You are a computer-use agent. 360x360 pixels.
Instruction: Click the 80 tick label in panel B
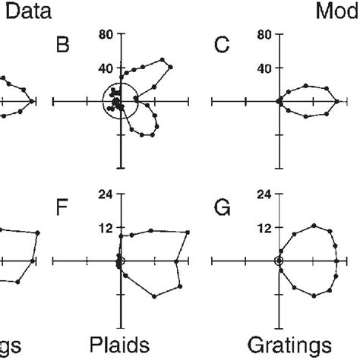tap(106, 34)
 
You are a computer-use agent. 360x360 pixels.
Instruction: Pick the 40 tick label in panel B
tap(106, 67)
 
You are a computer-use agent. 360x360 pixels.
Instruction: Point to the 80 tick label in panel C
tap(265, 34)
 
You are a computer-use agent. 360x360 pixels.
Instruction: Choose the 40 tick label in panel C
tap(265, 67)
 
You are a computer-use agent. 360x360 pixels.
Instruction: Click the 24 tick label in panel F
tap(106, 194)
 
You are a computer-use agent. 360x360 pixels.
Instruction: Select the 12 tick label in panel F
tap(106, 227)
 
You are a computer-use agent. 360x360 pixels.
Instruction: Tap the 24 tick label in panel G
tap(265, 194)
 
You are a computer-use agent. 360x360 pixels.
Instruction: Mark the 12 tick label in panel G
tap(265, 227)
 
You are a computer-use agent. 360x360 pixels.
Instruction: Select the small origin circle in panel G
tap(279, 261)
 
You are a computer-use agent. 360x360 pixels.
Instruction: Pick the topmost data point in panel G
tap(314, 226)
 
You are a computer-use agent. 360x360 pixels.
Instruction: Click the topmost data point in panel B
tap(163, 59)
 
